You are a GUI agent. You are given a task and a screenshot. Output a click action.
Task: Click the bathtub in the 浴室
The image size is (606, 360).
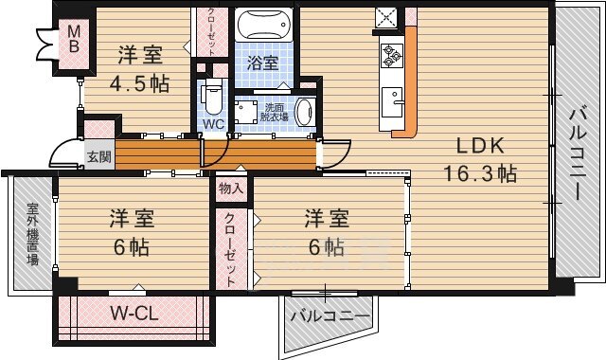point(264,25)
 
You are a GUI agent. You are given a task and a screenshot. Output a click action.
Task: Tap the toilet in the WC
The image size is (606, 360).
point(212,98)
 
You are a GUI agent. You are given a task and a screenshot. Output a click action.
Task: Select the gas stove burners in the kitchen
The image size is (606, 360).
point(392,56)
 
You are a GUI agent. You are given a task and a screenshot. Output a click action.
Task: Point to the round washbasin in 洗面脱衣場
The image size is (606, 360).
point(305,112)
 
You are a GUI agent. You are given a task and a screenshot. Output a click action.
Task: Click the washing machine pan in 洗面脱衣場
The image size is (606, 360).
point(245,112)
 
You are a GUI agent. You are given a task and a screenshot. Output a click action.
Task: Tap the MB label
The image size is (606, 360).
point(74,39)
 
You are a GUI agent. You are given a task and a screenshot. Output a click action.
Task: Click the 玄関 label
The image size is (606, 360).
point(98,156)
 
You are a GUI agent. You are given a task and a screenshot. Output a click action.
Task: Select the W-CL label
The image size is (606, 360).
point(134,314)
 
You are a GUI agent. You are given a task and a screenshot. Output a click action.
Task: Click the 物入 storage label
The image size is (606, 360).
point(231,189)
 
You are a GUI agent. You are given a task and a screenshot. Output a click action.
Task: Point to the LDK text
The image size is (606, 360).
point(480,146)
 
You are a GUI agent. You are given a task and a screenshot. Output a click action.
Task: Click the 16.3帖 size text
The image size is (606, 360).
point(480,173)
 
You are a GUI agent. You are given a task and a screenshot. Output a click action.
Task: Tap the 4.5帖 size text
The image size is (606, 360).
point(139,83)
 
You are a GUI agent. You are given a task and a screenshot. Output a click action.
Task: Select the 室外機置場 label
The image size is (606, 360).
point(33,234)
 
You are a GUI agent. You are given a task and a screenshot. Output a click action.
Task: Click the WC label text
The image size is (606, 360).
point(214,124)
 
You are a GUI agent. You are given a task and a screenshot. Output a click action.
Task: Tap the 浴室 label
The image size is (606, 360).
point(263,63)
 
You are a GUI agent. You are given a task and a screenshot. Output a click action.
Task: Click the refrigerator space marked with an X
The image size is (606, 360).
point(386,17)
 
